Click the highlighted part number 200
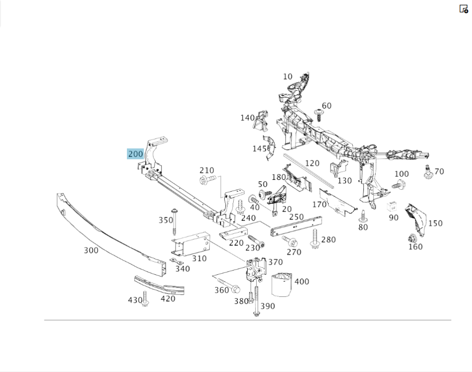pos(135,154)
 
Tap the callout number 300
pos(91,250)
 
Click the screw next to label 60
pos(319,115)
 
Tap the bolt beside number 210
pos(208,179)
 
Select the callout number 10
pos(288,76)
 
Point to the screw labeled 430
pos(145,299)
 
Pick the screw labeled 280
pos(314,239)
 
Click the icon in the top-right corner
pos(464,8)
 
